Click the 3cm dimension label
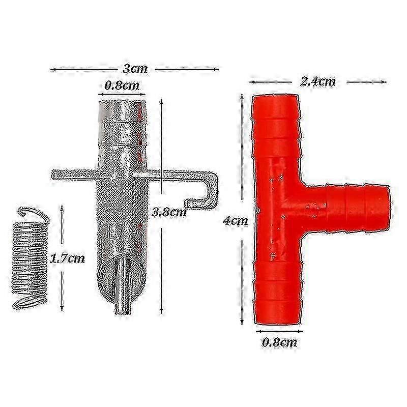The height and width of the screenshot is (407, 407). click(135, 69)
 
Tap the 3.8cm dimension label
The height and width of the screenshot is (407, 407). click(169, 212)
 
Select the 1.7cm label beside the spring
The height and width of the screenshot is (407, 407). click(67, 258)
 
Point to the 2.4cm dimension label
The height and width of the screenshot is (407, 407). click(317, 82)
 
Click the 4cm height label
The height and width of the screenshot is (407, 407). click(236, 221)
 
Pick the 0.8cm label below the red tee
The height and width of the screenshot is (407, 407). click(279, 342)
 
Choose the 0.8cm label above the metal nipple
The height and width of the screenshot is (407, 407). click(122, 85)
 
